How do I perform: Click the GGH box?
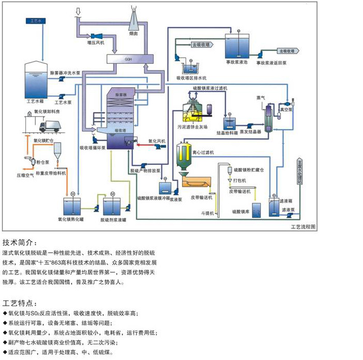coord(128,59)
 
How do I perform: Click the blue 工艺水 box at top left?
coord(35,21)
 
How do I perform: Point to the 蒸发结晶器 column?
coord(268,119)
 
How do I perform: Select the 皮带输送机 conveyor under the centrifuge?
coord(197,184)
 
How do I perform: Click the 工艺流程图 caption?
coord(303,227)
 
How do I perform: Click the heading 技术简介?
coord(20,242)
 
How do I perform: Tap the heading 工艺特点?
coord(20,302)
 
